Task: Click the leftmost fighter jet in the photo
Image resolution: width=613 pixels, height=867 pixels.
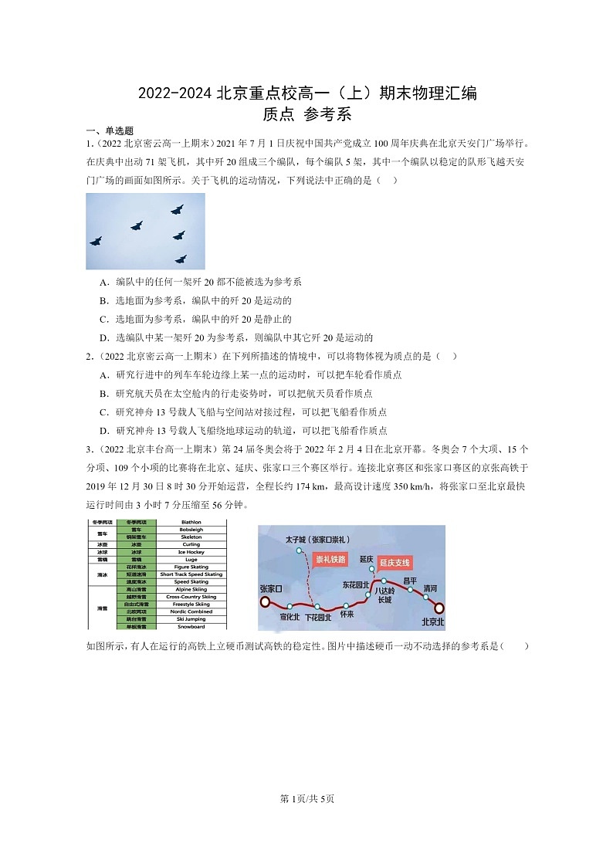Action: coord(96,241)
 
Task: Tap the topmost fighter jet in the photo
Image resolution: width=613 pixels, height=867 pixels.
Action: coord(177,209)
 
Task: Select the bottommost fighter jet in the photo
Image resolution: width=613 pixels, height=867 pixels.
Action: coord(181,259)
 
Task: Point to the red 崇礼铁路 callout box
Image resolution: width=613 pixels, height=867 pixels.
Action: coord(330,558)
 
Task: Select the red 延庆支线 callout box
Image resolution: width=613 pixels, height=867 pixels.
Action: coord(395,562)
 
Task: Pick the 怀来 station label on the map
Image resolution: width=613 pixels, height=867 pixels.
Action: coord(347,615)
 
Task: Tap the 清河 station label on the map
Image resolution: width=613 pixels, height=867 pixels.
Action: coord(430,588)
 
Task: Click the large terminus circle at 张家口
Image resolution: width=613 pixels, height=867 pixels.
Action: coord(265,601)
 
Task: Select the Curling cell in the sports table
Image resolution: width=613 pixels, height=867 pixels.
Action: coord(190,544)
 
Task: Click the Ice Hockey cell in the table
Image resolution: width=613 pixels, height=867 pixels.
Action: coord(190,552)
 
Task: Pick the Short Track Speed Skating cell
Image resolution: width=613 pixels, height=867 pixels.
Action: coord(190,574)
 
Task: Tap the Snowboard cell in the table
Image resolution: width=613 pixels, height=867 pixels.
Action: coord(190,626)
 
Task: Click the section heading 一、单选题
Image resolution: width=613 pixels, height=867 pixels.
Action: coord(110,131)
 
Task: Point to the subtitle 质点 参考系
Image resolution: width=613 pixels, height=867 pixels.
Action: coord(306,114)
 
